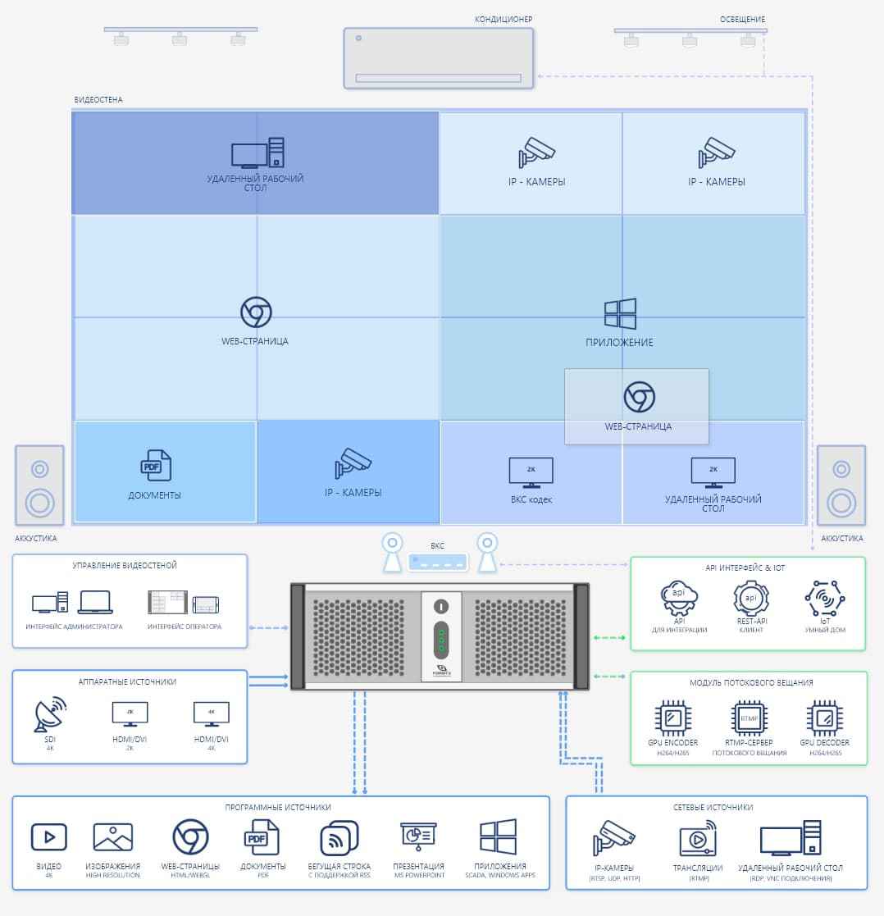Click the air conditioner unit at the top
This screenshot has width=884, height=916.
(438, 57)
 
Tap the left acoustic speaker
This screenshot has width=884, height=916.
(39, 485)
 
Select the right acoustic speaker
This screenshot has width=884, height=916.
(841, 485)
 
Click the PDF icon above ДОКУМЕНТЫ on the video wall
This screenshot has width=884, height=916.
(155, 466)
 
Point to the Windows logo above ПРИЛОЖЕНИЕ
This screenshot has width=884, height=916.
(620, 315)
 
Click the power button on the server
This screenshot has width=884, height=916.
(441, 607)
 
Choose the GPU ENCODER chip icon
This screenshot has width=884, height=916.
(672, 718)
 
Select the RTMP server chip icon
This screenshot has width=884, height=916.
(749, 718)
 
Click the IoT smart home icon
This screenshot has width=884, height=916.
(824, 599)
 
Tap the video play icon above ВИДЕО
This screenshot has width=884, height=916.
(48, 837)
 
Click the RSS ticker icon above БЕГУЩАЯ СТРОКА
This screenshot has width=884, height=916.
(339, 838)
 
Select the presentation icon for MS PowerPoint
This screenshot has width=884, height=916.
(418, 836)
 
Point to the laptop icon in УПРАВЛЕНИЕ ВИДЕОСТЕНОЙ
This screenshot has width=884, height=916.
(95, 604)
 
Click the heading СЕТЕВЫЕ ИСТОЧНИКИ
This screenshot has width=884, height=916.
(716, 808)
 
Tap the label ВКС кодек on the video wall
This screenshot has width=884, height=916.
(531, 499)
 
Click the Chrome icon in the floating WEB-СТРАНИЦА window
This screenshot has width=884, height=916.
(639, 397)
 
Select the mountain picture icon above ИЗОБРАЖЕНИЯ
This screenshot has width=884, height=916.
(113, 837)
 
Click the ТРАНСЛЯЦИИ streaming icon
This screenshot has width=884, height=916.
(698, 841)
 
